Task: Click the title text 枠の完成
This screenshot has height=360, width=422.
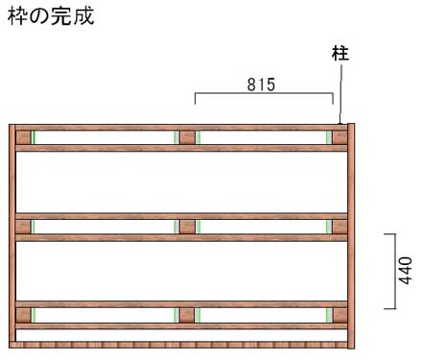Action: click(50, 16)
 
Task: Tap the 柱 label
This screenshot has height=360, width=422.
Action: click(340, 54)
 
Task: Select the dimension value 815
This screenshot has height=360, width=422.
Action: click(260, 84)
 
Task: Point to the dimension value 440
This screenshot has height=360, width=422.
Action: click(406, 272)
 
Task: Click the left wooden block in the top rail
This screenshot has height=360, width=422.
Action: click(24, 137)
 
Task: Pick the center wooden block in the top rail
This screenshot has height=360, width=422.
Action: click(187, 137)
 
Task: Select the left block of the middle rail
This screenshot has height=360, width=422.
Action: click(24, 227)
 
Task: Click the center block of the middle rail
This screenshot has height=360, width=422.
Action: click(187, 227)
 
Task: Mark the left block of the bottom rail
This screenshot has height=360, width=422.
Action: click(24, 314)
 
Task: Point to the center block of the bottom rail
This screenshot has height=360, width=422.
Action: click(187, 314)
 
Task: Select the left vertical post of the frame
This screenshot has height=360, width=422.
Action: click(13, 235)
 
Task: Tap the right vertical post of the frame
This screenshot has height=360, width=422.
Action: click(351, 235)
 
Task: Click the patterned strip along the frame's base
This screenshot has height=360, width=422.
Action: click(182, 343)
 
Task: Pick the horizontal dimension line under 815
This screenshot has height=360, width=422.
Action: click(264, 95)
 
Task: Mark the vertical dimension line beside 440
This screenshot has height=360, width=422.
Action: click(395, 271)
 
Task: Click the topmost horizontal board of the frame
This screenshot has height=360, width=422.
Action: click(182, 127)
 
